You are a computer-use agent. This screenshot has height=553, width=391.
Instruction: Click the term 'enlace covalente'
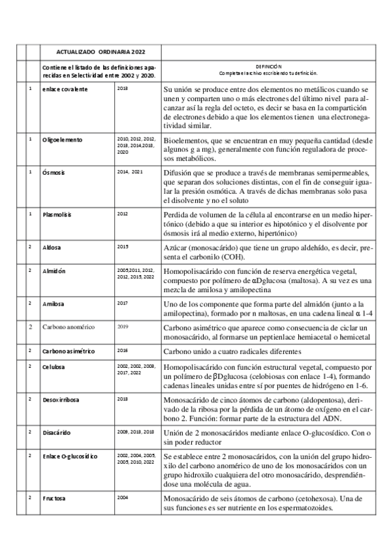pyautogui.click(x=66, y=88)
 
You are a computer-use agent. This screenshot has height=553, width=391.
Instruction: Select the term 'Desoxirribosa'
pyautogui.click(x=63, y=398)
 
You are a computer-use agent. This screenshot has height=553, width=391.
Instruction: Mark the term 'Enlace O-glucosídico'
pyautogui.click(x=70, y=456)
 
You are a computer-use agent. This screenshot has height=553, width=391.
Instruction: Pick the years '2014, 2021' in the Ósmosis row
pyautogui.click(x=130, y=172)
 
